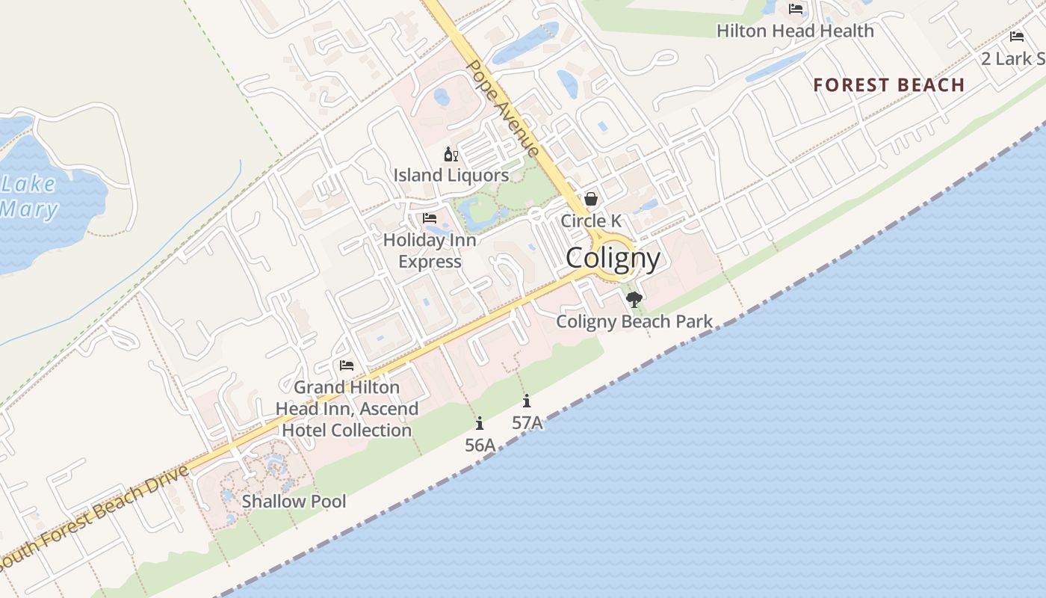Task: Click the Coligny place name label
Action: coord(613,259)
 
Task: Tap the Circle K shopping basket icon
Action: coord(591,199)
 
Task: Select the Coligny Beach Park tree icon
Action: coord(634,300)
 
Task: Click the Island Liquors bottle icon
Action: coord(451,155)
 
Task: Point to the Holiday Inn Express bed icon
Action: coord(430,218)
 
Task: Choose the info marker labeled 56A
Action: coord(480,424)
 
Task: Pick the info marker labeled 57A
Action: coord(527,401)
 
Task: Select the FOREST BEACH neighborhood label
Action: coord(889,85)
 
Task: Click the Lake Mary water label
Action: coord(28,196)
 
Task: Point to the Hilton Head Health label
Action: coord(795,31)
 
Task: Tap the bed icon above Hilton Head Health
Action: coord(796,9)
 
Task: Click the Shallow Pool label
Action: coord(294,502)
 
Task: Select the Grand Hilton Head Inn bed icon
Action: coord(347,366)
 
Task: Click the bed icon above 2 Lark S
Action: coord(1016,37)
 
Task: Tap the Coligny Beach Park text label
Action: coord(634,321)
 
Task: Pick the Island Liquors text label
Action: coord(451,176)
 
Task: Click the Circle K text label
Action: coord(591,221)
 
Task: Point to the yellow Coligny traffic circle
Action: coord(614,257)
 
